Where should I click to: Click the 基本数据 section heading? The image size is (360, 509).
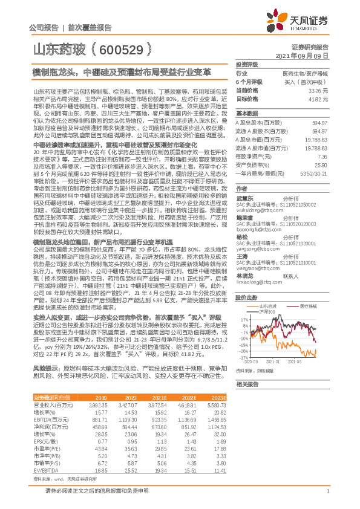(246, 113)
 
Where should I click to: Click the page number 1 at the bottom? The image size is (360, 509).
(326, 497)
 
